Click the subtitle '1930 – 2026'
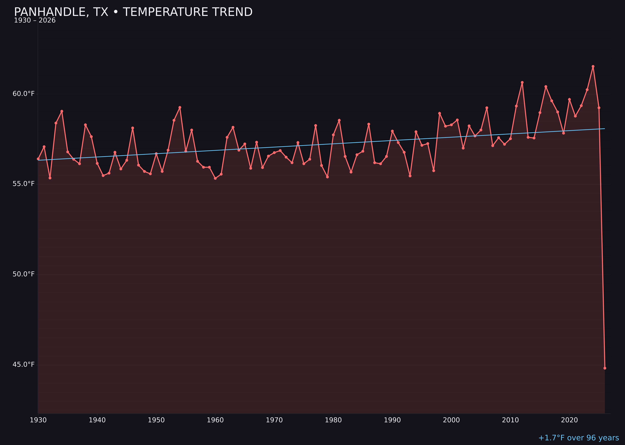click(x=35, y=20)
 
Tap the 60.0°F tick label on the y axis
click(x=24, y=94)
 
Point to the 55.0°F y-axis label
click(x=24, y=184)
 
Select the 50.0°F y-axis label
click(x=24, y=274)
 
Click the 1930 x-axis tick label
click(x=38, y=420)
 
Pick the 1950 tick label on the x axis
click(x=156, y=420)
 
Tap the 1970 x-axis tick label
click(x=274, y=420)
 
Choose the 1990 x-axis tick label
click(x=392, y=420)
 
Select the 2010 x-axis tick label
click(x=510, y=420)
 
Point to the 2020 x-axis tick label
click(x=569, y=420)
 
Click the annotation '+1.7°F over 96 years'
click(x=578, y=438)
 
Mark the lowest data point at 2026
click(x=605, y=368)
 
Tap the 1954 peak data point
click(x=180, y=107)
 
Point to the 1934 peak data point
click(x=62, y=111)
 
